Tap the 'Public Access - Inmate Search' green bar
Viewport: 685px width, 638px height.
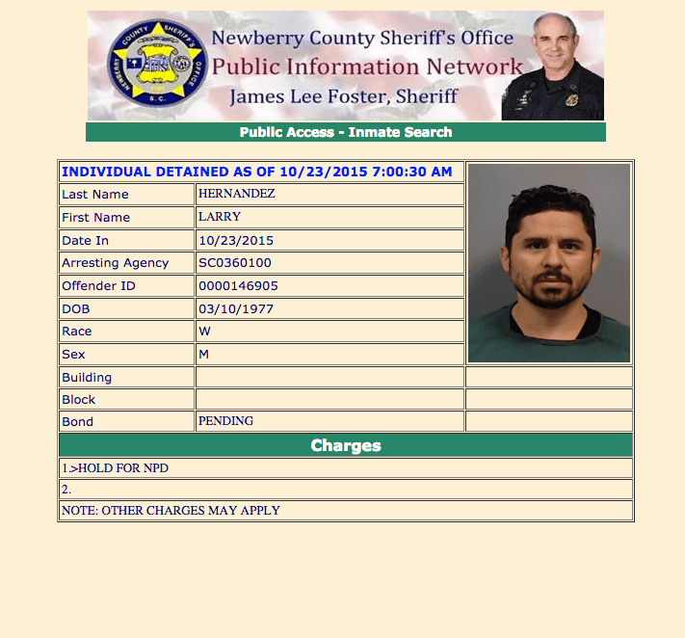click(x=345, y=132)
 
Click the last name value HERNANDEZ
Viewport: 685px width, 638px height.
click(x=236, y=194)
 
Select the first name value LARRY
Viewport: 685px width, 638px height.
click(x=220, y=217)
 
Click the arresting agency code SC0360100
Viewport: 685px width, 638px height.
click(x=235, y=263)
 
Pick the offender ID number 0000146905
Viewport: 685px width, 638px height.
click(x=237, y=286)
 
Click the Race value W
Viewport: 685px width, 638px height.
click(x=204, y=332)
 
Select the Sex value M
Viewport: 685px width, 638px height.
click(x=204, y=354)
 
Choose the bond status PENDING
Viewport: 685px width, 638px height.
click(x=225, y=421)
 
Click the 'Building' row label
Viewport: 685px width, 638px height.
click(x=87, y=377)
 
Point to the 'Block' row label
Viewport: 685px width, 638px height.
click(x=79, y=399)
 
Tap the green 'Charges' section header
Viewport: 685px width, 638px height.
click(x=345, y=445)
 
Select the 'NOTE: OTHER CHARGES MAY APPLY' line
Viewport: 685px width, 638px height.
click(x=171, y=510)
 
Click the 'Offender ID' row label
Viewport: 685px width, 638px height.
click(x=97, y=286)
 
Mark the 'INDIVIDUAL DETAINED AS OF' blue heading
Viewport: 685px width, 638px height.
click(x=256, y=172)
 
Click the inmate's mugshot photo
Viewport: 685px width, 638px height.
click(x=548, y=262)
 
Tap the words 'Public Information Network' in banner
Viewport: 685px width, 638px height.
click(x=367, y=67)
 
